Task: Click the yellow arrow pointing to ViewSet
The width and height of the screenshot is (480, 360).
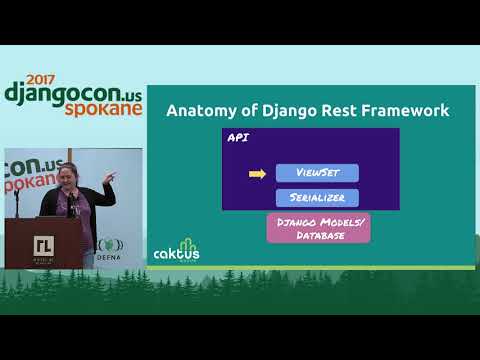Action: (x=257, y=174)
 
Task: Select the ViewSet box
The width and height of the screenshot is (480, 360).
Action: (x=316, y=173)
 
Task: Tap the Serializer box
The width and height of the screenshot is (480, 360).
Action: (x=316, y=197)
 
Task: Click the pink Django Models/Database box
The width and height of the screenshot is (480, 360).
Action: (x=317, y=226)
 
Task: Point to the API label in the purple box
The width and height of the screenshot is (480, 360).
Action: (x=239, y=138)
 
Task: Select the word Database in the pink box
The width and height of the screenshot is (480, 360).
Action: (x=317, y=234)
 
